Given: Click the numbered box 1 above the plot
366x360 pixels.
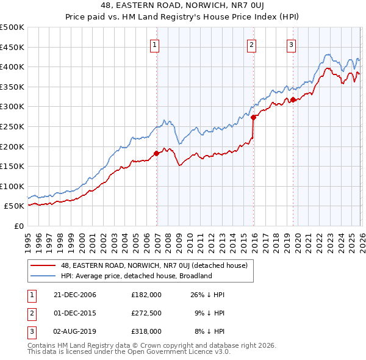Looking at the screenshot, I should (x=155, y=45).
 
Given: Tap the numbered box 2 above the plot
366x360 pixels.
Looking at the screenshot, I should (x=251, y=45).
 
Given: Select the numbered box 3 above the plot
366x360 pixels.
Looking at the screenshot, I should (x=291, y=45).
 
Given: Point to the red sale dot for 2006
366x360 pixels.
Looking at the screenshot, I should (x=157, y=153).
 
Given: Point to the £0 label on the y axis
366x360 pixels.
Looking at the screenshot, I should (x=18, y=226).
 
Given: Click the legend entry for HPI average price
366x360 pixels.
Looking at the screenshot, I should (x=135, y=276).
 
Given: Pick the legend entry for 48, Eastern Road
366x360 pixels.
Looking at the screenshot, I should (x=154, y=265).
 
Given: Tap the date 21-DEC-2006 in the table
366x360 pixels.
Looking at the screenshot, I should (x=75, y=294).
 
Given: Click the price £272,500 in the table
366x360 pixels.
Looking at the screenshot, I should (x=146, y=313).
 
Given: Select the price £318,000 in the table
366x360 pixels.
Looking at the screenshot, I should (x=146, y=331).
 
